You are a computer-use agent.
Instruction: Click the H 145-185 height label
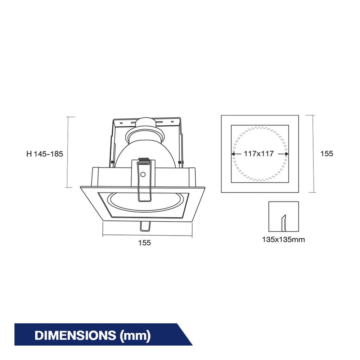pos(45,154)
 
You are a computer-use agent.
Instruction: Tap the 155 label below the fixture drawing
pos(144,243)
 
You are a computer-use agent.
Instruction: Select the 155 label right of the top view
pos(327,154)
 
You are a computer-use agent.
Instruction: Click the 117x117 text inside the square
pos(259,154)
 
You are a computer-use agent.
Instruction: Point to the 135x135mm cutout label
pos(284,240)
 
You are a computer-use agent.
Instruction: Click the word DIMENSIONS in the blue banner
pos(75,336)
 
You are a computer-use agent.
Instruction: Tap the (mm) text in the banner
pos(135,336)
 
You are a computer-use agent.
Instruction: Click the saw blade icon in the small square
pos(284,223)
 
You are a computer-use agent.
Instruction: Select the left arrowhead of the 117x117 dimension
pos(233,154)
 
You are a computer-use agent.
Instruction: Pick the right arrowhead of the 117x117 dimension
pos(287,154)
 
